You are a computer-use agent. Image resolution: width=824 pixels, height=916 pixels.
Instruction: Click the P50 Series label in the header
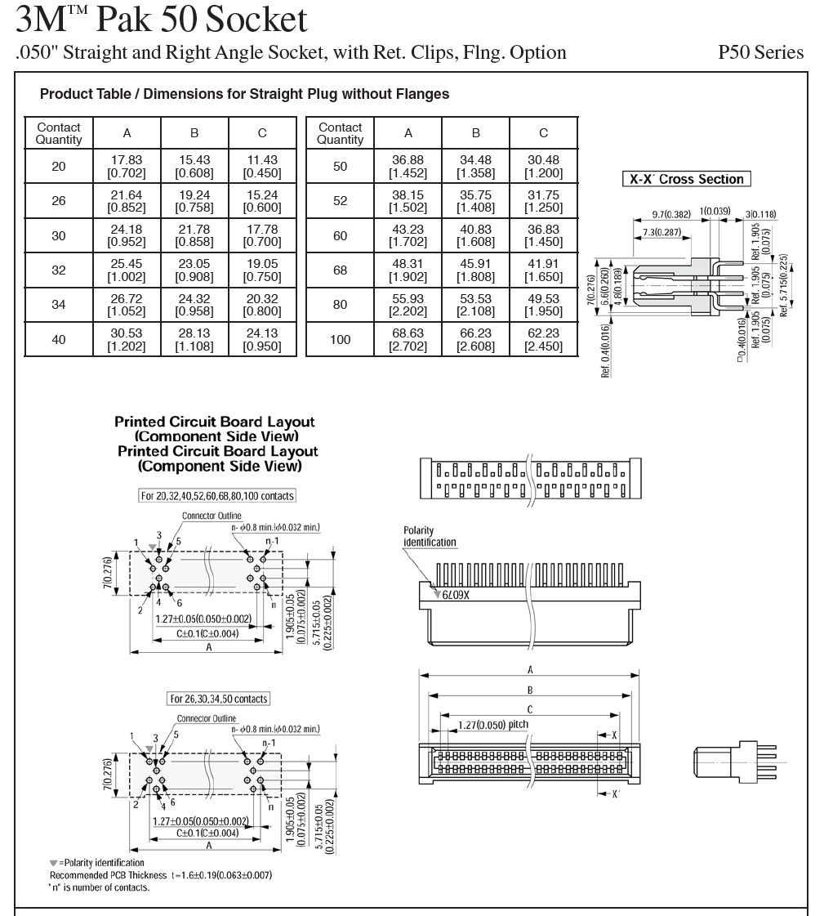(x=760, y=53)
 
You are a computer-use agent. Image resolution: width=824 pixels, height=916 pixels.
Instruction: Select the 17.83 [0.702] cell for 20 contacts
(x=127, y=167)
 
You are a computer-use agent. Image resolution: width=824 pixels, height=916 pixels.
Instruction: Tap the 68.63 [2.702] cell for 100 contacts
(x=408, y=339)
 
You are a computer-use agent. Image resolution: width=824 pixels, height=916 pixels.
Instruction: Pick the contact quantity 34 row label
(x=59, y=305)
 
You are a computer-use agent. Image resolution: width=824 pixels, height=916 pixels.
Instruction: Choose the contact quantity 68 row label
(x=341, y=270)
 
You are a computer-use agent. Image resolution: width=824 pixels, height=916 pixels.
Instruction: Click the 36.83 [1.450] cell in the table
(x=543, y=236)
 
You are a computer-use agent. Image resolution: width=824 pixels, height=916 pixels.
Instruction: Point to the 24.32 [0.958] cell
(x=194, y=305)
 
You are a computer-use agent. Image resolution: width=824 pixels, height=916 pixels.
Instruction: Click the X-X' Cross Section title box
(x=686, y=179)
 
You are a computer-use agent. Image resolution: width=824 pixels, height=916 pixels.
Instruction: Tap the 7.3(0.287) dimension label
(x=661, y=233)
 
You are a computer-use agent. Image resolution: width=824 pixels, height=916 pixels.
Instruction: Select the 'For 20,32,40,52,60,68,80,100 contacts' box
(x=217, y=496)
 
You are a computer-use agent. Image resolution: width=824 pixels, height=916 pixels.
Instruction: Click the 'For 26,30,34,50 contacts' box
(x=218, y=699)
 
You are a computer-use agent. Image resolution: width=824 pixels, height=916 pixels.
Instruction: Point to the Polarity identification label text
(x=430, y=537)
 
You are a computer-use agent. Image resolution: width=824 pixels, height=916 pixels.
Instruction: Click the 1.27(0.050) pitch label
(x=493, y=725)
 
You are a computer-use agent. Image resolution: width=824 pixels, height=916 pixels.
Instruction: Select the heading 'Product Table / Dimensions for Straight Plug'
(x=244, y=94)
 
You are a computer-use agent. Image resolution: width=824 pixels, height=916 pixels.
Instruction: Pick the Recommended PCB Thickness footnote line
(x=160, y=875)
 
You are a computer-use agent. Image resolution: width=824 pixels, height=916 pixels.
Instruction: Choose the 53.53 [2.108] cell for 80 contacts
(x=475, y=305)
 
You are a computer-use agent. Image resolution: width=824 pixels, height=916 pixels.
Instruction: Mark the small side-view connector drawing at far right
(x=737, y=761)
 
